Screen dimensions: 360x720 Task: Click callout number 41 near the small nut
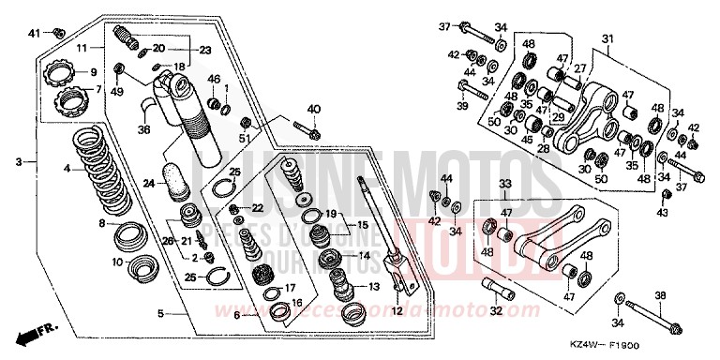coord(32,34)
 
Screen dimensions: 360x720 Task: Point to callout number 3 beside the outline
coord(17,162)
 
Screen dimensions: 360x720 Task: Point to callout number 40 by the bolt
coord(313,111)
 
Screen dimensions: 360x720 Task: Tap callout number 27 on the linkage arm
coord(580,69)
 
